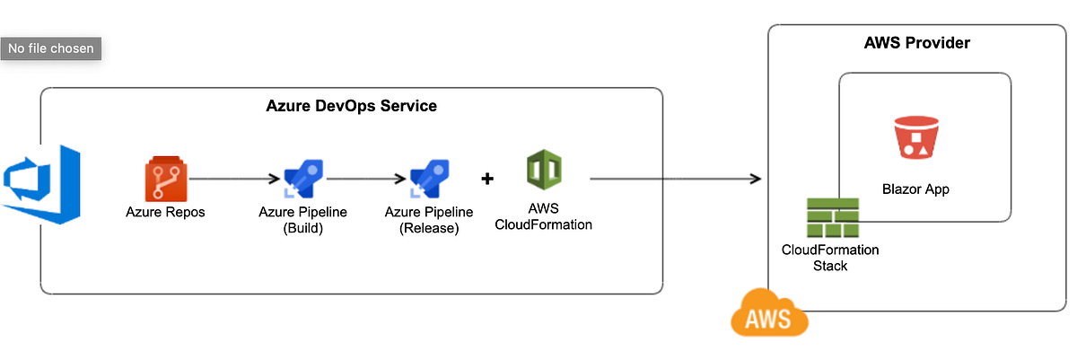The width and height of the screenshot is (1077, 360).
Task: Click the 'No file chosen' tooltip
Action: pyautogui.click(x=51, y=48)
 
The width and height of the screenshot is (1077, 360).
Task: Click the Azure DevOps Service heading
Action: pyautogui.click(x=352, y=106)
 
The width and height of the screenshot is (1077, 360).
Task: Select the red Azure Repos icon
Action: pyautogui.click(x=165, y=180)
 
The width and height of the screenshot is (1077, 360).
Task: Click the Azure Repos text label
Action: pyautogui.click(x=165, y=213)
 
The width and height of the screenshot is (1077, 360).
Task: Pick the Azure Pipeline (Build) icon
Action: pyautogui.click(x=302, y=180)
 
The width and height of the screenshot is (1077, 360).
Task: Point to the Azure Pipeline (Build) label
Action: pyautogui.click(x=303, y=220)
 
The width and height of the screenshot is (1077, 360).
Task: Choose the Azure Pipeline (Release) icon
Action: pyautogui.click(x=429, y=180)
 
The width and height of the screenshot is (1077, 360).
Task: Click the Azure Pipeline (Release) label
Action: pyautogui.click(x=429, y=220)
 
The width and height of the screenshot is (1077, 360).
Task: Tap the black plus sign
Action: pyautogui.click(x=487, y=179)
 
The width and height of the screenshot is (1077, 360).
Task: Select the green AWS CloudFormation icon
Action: pyautogui.click(x=544, y=170)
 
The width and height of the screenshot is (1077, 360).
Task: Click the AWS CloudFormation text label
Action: pyautogui.click(x=544, y=216)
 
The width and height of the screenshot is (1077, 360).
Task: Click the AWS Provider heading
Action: pyautogui.click(x=916, y=43)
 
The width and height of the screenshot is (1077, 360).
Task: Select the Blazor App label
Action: pyautogui.click(x=915, y=189)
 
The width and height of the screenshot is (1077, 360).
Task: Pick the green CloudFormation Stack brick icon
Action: pyautogui.click(x=831, y=216)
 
